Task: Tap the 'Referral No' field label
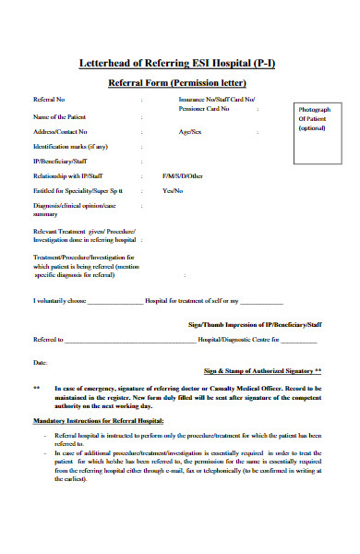(x=49, y=99)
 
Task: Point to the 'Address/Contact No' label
(x=62, y=132)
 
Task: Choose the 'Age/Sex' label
(x=191, y=132)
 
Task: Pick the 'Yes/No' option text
(x=173, y=190)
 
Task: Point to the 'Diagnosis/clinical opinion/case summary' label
(x=74, y=210)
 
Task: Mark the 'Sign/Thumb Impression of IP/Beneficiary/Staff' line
(x=254, y=325)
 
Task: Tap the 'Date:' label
(x=40, y=363)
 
